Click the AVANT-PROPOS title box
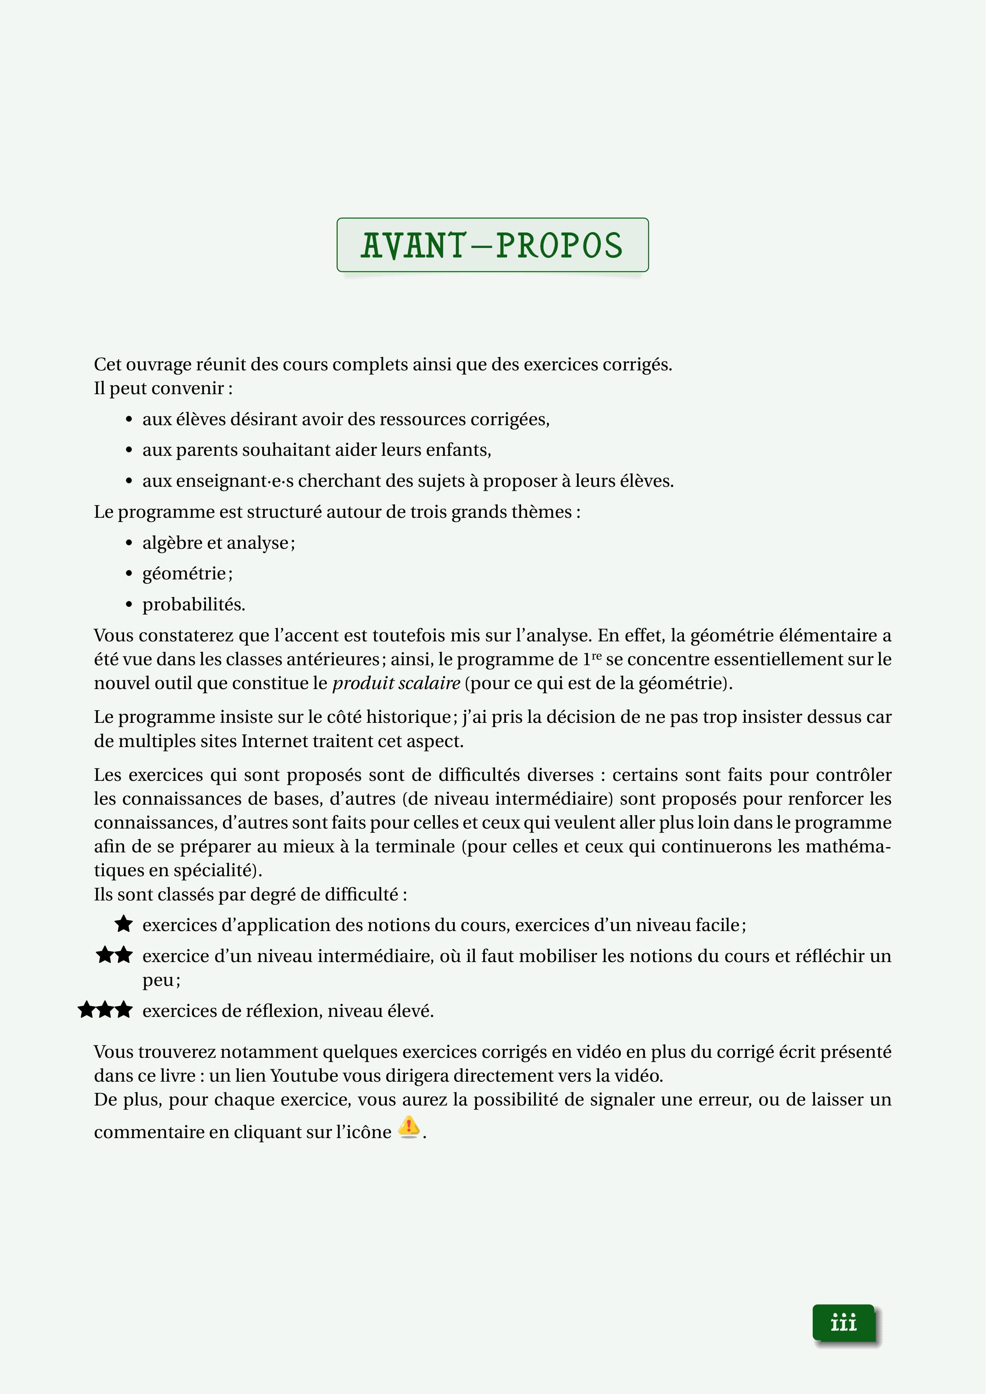pyautogui.click(x=492, y=245)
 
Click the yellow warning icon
pyautogui.click(x=409, y=1127)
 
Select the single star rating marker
pyautogui.click(x=123, y=924)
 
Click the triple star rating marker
pyautogui.click(x=105, y=1010)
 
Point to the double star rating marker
pyautogui.click(x=114, y=955)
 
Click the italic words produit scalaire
pyautogui.click(x=396, y=683)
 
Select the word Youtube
pyautogui.click(x=304, y=1076)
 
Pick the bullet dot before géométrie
pyautogui.click(x=129, y=574)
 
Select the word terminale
pyautogui.click(x=415, y=846)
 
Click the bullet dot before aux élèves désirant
pyautogui.click(x=129, y=420)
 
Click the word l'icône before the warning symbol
pyautogui.click(x=364, y=1132)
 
